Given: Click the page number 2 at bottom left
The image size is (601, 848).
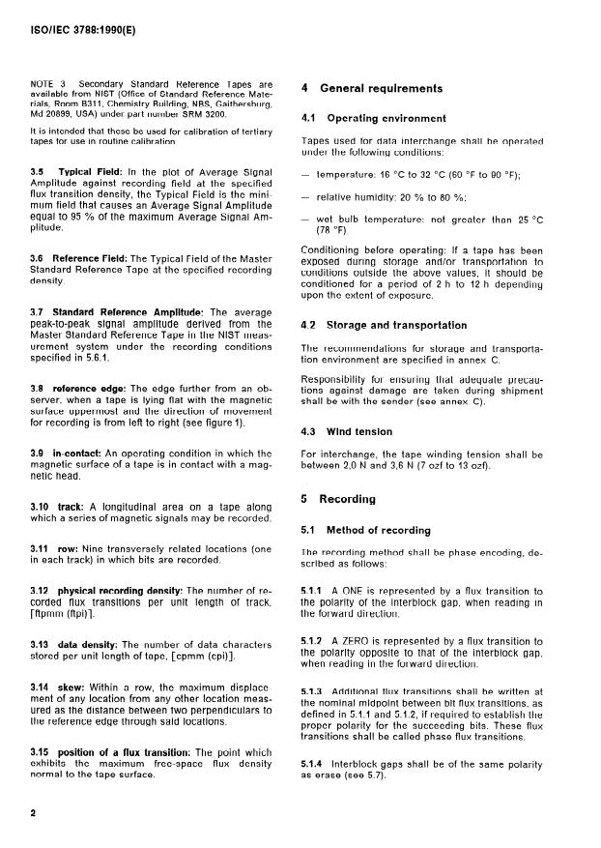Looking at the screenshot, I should [x=34, y=813].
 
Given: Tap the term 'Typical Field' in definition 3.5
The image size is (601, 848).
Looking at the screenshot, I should [x=92, y=170].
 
